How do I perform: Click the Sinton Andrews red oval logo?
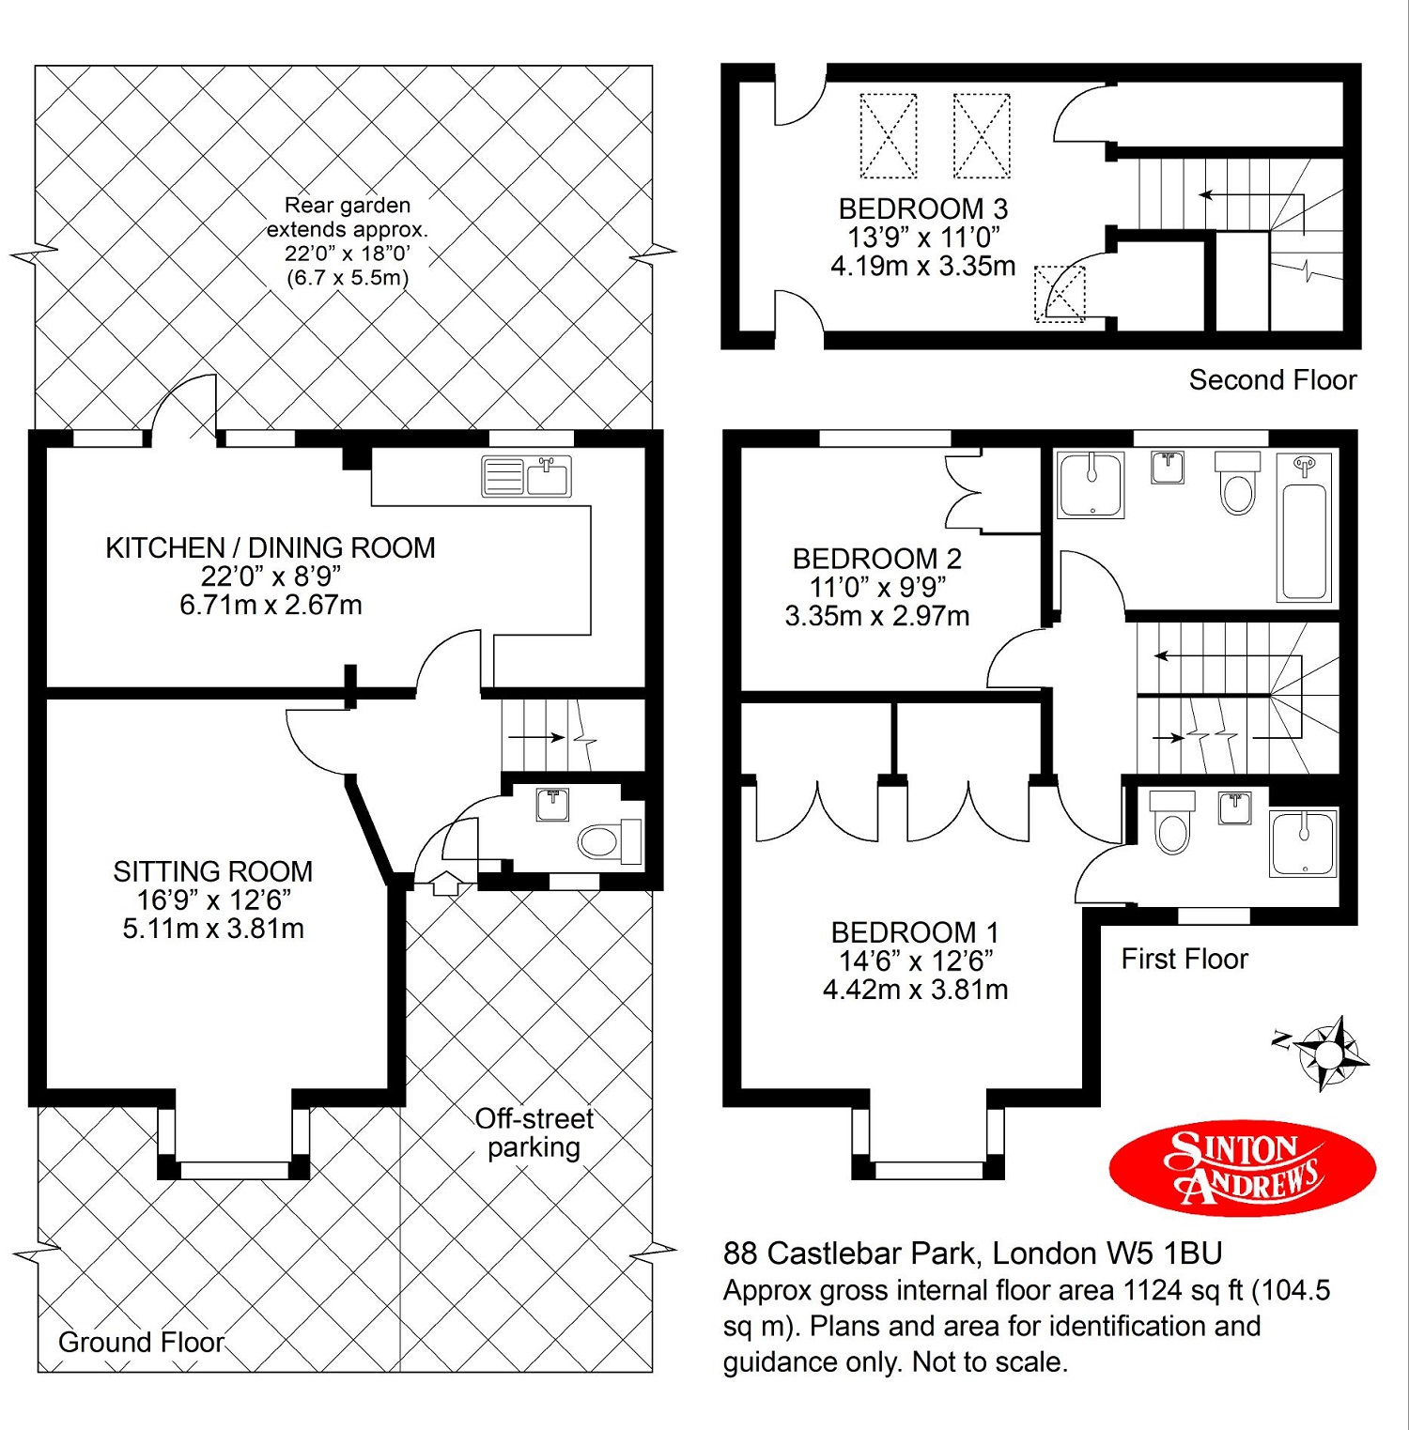click(1242, 1169)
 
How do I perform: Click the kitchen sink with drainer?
click(526, 476)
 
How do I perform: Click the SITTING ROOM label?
click(213, 871)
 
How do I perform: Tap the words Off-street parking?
click(534, 1132)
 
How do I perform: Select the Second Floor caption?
click(1273, 380)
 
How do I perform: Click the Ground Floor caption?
click(142, 1342)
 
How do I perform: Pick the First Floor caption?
click(1184, 959)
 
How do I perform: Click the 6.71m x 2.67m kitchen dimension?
click(271, 606)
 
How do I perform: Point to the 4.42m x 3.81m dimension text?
click(916, 991)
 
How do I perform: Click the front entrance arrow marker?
click(445, 884)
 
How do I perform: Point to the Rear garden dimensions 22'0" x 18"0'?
click(348, 254)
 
